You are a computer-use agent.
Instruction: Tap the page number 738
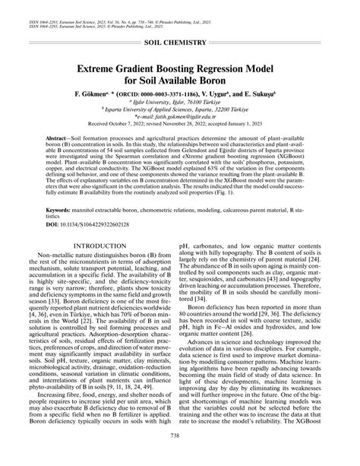tap(180, 455)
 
